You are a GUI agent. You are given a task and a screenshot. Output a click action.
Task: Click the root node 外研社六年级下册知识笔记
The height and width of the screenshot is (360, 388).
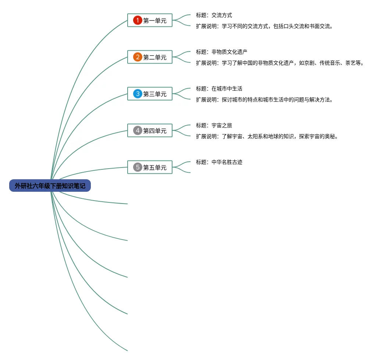[x=50, y=186]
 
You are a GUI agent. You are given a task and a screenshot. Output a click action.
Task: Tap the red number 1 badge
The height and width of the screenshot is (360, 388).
[x=138, y=21]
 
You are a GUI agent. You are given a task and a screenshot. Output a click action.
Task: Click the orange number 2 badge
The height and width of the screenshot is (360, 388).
[x=138, y=57]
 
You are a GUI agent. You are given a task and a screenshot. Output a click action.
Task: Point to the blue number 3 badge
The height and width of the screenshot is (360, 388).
[x=138, y=94]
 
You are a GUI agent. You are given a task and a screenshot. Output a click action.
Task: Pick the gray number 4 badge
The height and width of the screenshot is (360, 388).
[x=138, y=131]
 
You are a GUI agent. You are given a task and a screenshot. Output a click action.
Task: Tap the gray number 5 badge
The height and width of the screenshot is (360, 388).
[x=138, y=168]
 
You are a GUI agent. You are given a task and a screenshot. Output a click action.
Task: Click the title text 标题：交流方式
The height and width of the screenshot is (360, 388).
[x=214, y=15]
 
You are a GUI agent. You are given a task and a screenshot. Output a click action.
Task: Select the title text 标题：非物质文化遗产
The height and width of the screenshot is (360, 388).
[x=222, y=52]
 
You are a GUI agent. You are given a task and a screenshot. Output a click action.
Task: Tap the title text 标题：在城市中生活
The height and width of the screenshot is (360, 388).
[x=219, y=89]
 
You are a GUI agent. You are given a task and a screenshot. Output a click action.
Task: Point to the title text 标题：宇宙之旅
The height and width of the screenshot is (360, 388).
[x=214, y=125]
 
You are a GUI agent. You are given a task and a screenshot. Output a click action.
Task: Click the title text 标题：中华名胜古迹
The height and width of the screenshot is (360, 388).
[x=219, y=162]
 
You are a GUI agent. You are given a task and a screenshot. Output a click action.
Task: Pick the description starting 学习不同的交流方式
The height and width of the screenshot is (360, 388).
[x=264, y=26]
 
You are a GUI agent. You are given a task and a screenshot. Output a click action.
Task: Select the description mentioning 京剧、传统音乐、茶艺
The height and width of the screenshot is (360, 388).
[x=280, y=63]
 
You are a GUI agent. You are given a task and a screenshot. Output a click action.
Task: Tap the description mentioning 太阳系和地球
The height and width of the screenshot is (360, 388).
[x=267, y=136]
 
